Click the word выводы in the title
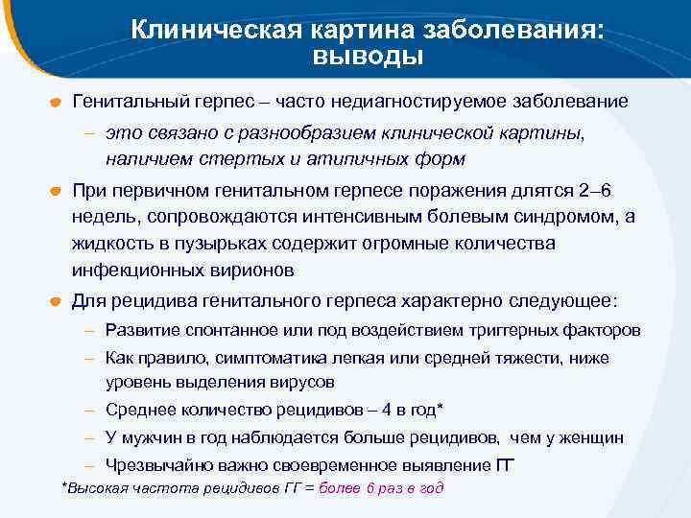368,56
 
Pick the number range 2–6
590,190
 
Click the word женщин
589,437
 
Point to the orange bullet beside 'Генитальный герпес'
57,102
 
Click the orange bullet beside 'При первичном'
57,190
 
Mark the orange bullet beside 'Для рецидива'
57,301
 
